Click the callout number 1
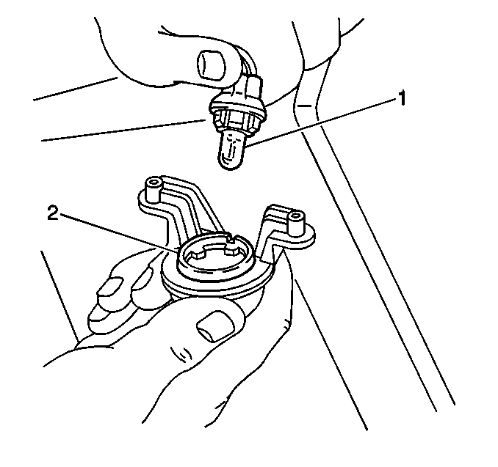pos(402,98)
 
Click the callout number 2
pos(53,213)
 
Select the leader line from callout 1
pos(321,122)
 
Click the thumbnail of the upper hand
pos(211,64)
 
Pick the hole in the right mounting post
pos(295,216)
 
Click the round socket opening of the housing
pos(215,254)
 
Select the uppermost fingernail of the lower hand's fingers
pos(110,287)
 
